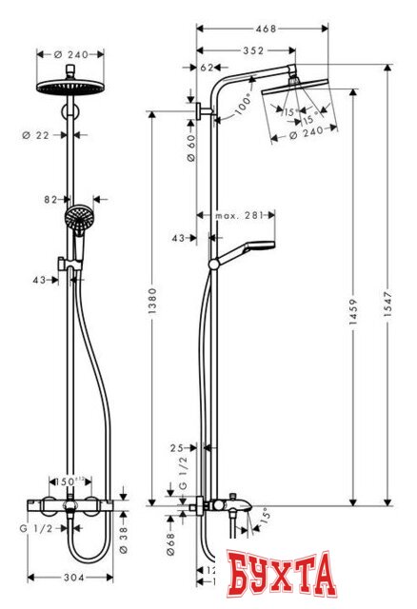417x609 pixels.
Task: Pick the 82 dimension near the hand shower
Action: [x=51, y=200]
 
